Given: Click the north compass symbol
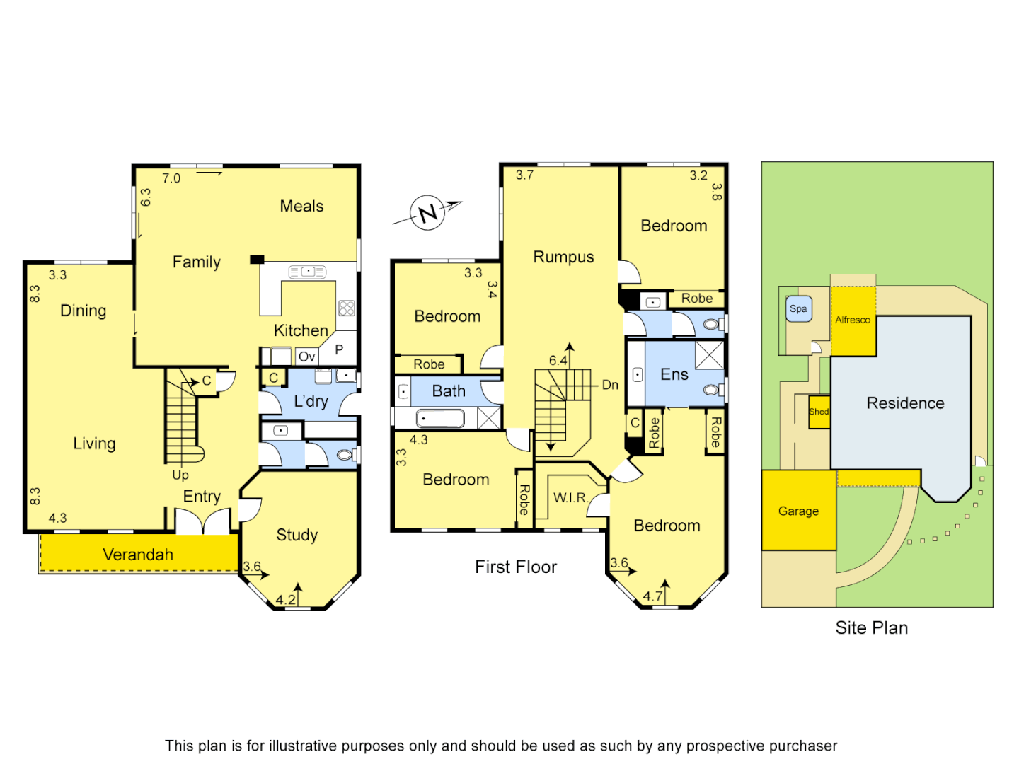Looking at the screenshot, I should point(428,212).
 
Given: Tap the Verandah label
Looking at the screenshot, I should point(138,555).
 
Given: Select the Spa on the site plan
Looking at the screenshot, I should point(798,309).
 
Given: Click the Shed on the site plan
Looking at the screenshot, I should point(819,412).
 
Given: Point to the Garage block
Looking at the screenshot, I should point(799,511).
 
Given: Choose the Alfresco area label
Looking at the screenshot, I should point(853,320).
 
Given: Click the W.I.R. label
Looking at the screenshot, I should point(570,497).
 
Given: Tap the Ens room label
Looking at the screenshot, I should point(674,375).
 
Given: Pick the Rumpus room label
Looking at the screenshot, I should point(563,257).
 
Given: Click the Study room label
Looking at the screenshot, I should point(297,535).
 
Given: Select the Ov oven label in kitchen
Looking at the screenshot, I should point(306,357).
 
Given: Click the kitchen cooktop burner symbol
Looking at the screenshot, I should point(347,308).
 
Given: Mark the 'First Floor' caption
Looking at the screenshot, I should point(516,567).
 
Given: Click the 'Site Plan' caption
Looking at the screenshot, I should point(872,627).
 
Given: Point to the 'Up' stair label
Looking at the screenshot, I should point(180,475).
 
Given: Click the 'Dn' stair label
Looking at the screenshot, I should point(610,385).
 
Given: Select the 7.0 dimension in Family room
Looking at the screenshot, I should point(171,178).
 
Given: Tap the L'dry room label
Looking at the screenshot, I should point(311,401).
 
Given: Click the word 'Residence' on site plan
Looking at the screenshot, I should point(906,403).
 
